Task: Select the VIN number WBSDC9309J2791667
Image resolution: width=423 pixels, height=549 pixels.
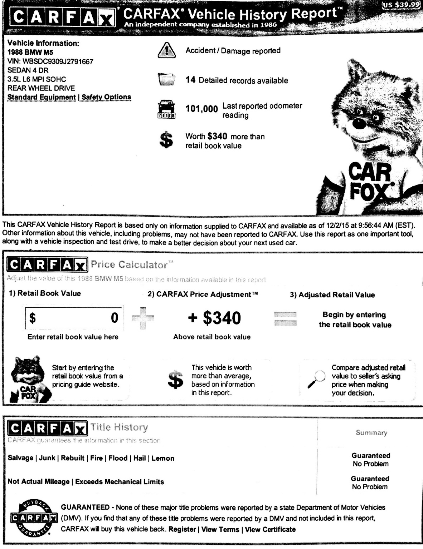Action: point(58,61)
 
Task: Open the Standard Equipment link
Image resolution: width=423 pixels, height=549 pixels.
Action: point(42,97)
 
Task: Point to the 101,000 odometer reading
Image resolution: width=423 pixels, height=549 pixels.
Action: point(201,109)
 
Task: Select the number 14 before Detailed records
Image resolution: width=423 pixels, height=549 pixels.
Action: point(190,80)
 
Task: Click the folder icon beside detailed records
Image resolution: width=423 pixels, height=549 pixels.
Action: point(166,79)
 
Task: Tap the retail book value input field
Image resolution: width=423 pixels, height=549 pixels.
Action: point(74,317)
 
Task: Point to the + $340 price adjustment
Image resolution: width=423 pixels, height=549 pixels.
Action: point(214,318)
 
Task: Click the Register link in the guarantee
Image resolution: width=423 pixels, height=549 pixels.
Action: point(182,529)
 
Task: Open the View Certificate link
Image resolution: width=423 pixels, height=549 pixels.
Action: point(270,529)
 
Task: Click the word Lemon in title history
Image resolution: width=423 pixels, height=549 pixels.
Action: point(163,458)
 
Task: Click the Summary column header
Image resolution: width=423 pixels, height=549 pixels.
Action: point(371,433)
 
